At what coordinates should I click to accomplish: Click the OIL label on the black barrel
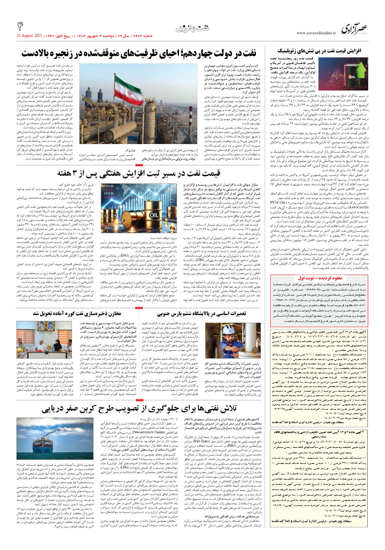[352, 77]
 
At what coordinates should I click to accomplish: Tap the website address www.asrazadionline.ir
[316, 33]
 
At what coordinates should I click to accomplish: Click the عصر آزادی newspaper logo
[354, 29]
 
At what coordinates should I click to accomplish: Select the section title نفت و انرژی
[192, 29]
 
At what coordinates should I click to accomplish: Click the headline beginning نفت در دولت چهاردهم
[139, 53]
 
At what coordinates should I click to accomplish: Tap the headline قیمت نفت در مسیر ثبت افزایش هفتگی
[139, 173]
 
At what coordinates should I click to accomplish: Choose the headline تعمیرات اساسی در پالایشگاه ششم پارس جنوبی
[201, 313]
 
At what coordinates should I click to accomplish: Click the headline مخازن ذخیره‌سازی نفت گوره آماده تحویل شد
[77, 313]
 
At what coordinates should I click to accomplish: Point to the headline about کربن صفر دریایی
[139, 409]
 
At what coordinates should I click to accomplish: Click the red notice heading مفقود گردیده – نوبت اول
[320, 278]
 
